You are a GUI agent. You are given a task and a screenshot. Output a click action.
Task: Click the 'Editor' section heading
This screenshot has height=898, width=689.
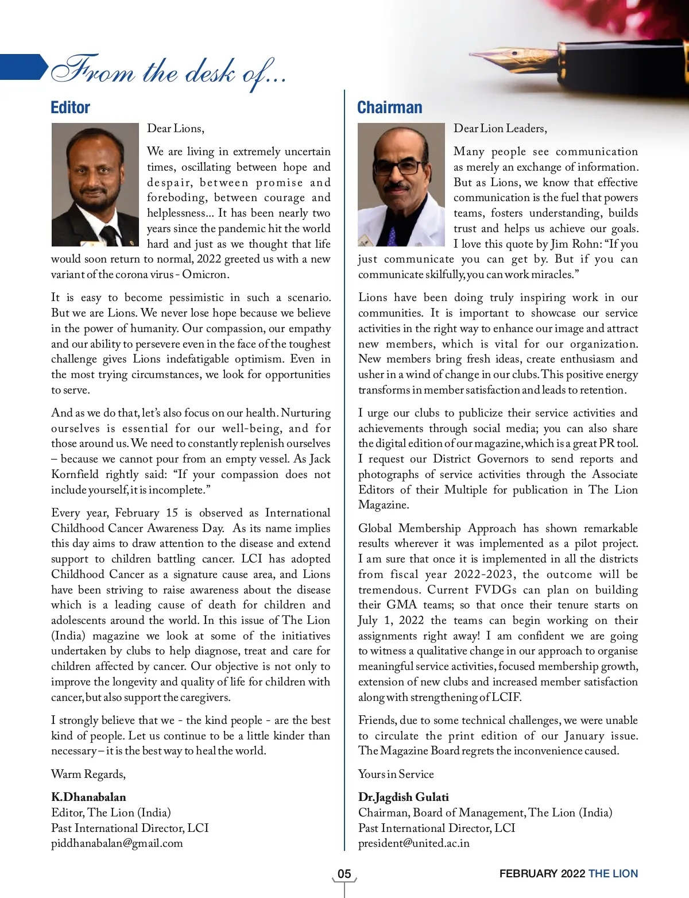70,107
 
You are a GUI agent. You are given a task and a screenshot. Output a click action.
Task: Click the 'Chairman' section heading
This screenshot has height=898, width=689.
389,107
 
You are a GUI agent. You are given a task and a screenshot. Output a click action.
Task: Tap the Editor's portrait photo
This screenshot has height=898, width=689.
95,184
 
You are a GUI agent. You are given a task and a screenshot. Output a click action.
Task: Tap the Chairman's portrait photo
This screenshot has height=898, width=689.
401,184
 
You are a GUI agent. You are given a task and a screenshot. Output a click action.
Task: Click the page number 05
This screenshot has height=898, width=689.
344,874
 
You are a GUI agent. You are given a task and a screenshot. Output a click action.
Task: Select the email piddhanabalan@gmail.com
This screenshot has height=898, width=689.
117,843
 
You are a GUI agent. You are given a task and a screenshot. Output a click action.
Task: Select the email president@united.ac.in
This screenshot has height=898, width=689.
413,843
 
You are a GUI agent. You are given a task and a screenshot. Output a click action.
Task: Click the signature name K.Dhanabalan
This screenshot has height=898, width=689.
88,797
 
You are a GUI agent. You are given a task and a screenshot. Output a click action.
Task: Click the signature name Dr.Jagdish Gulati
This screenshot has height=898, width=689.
403,797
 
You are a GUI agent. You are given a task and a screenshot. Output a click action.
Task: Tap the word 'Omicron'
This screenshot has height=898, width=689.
205,275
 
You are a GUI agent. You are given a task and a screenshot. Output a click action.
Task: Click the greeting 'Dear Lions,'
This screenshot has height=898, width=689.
175,128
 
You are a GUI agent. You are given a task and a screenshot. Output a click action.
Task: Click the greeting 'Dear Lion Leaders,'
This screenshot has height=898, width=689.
500,128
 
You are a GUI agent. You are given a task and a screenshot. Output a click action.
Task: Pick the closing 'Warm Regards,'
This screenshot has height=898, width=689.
88,774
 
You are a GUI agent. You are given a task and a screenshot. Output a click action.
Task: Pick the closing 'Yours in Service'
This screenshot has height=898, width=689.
396,774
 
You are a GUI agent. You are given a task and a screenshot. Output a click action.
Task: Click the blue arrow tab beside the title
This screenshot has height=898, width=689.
23,67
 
